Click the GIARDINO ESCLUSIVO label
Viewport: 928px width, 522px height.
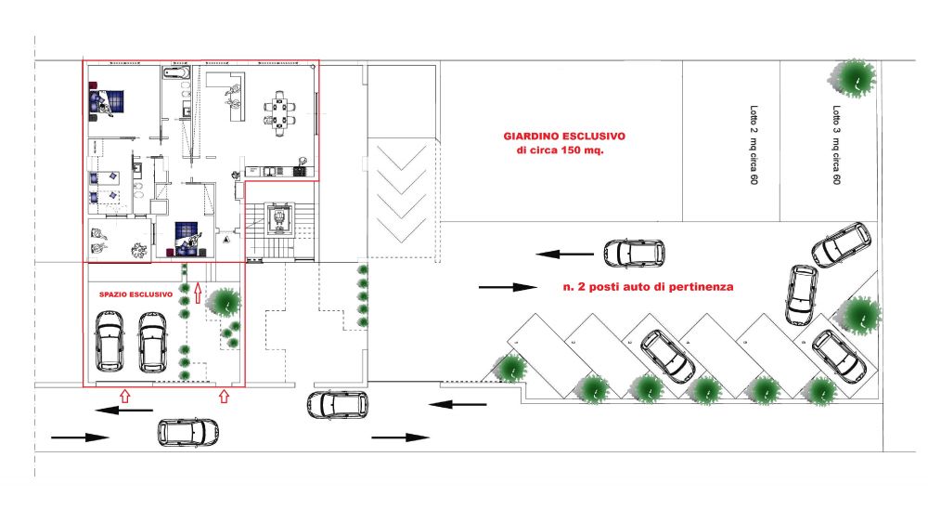[564, 137]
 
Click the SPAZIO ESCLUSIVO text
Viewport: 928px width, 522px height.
[136, 294]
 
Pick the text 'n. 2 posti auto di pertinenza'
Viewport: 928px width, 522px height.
[648, 287]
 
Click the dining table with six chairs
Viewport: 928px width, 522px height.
[279, 112]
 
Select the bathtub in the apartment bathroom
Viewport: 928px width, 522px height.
[176, 74]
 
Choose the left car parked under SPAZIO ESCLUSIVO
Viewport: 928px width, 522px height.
[110, 341]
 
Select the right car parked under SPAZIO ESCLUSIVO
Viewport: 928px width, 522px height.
[152, 342]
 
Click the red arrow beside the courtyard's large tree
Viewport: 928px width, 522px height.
[198, 292]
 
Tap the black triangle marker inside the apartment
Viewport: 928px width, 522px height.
[226, 240]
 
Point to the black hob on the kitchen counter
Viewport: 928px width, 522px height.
[298, 171]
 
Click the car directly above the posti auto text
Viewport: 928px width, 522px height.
[634, 253]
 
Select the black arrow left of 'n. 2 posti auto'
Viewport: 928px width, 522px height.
[508, 287]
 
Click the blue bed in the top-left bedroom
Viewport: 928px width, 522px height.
[107, 101]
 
